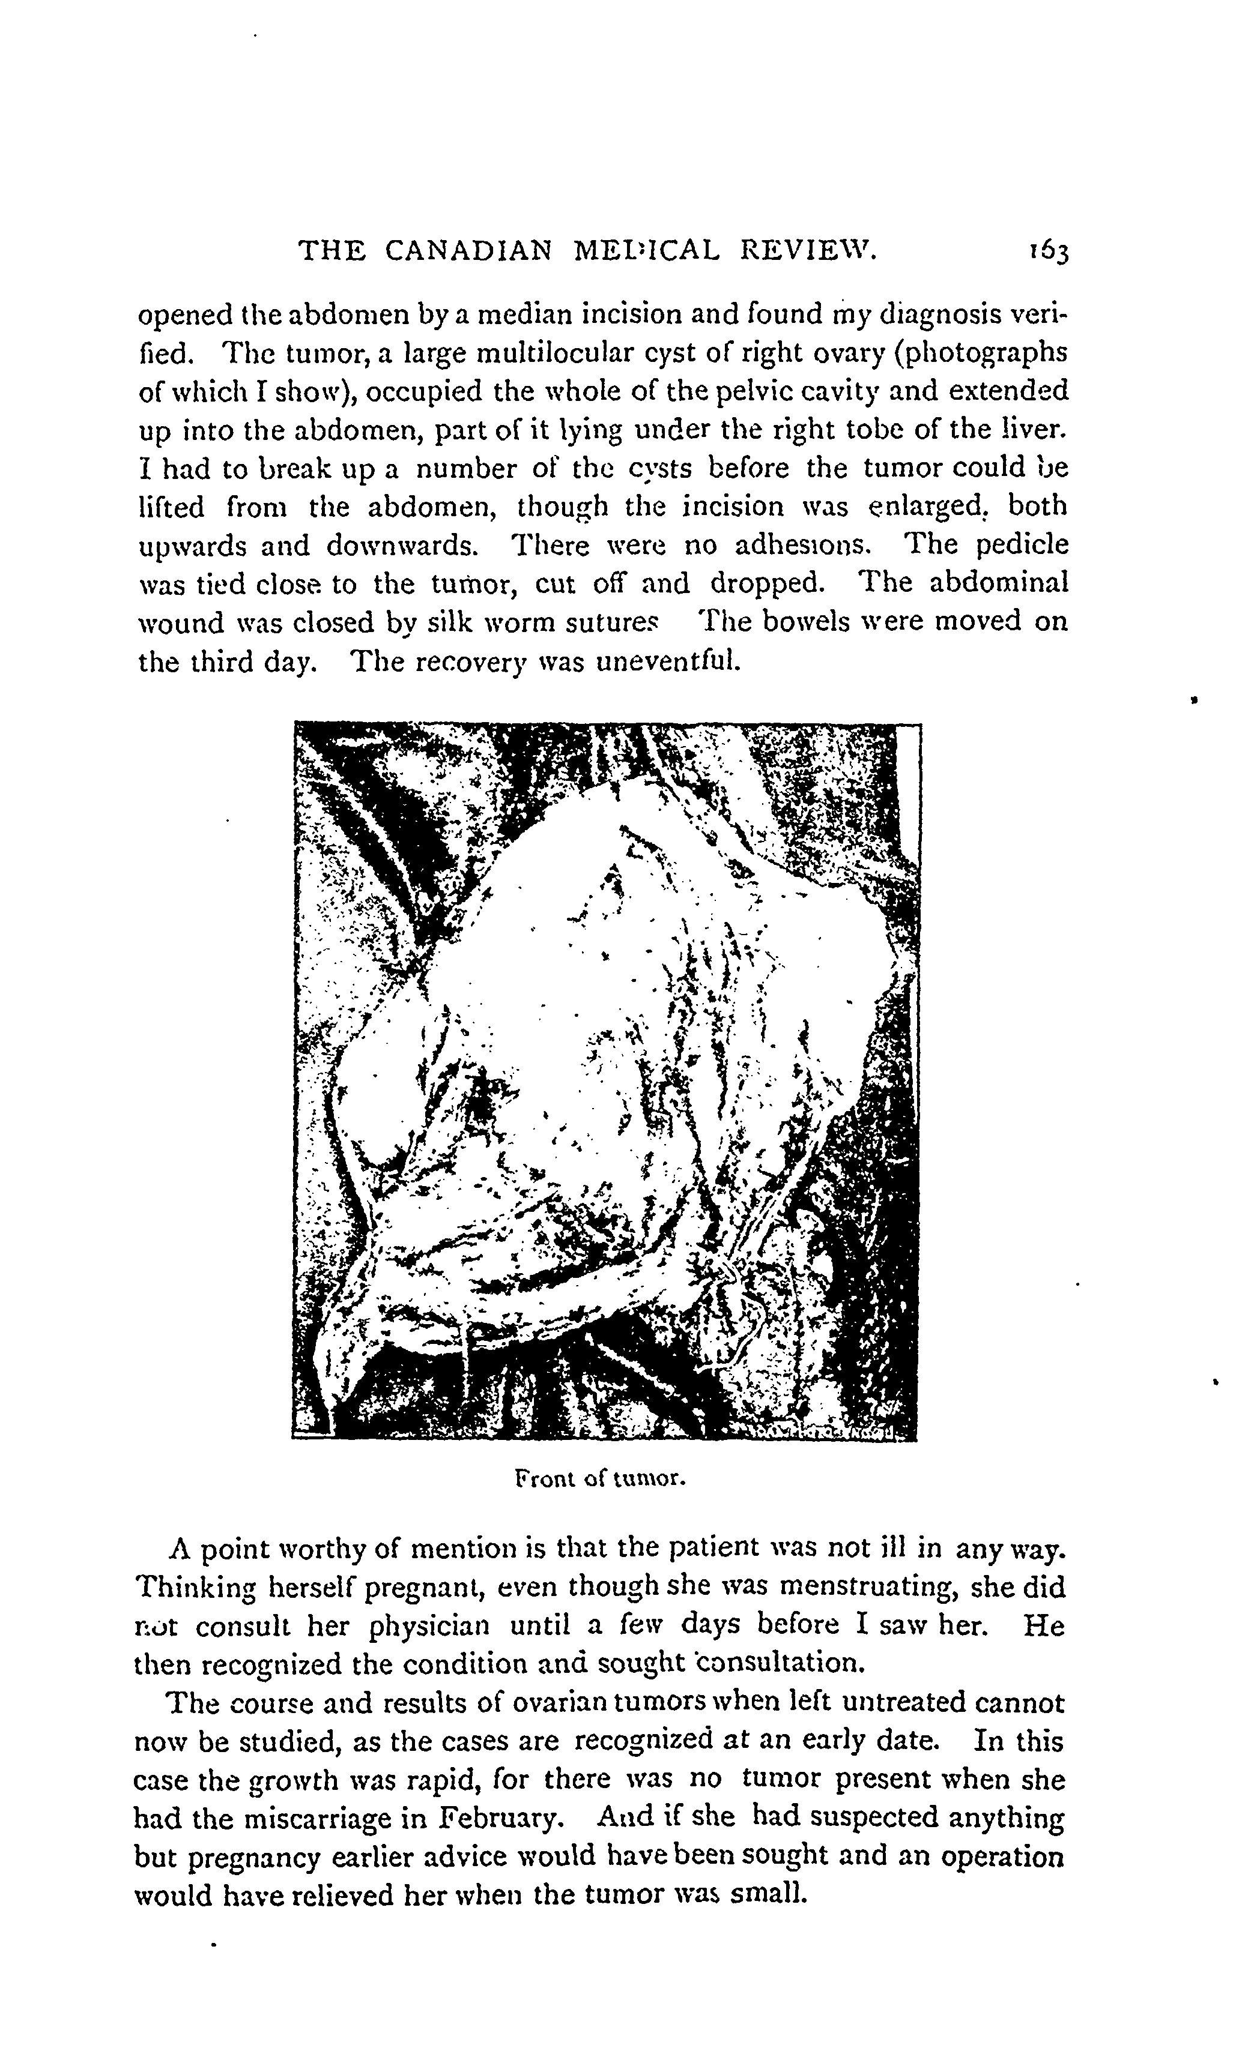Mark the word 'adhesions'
click(802, 546)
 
